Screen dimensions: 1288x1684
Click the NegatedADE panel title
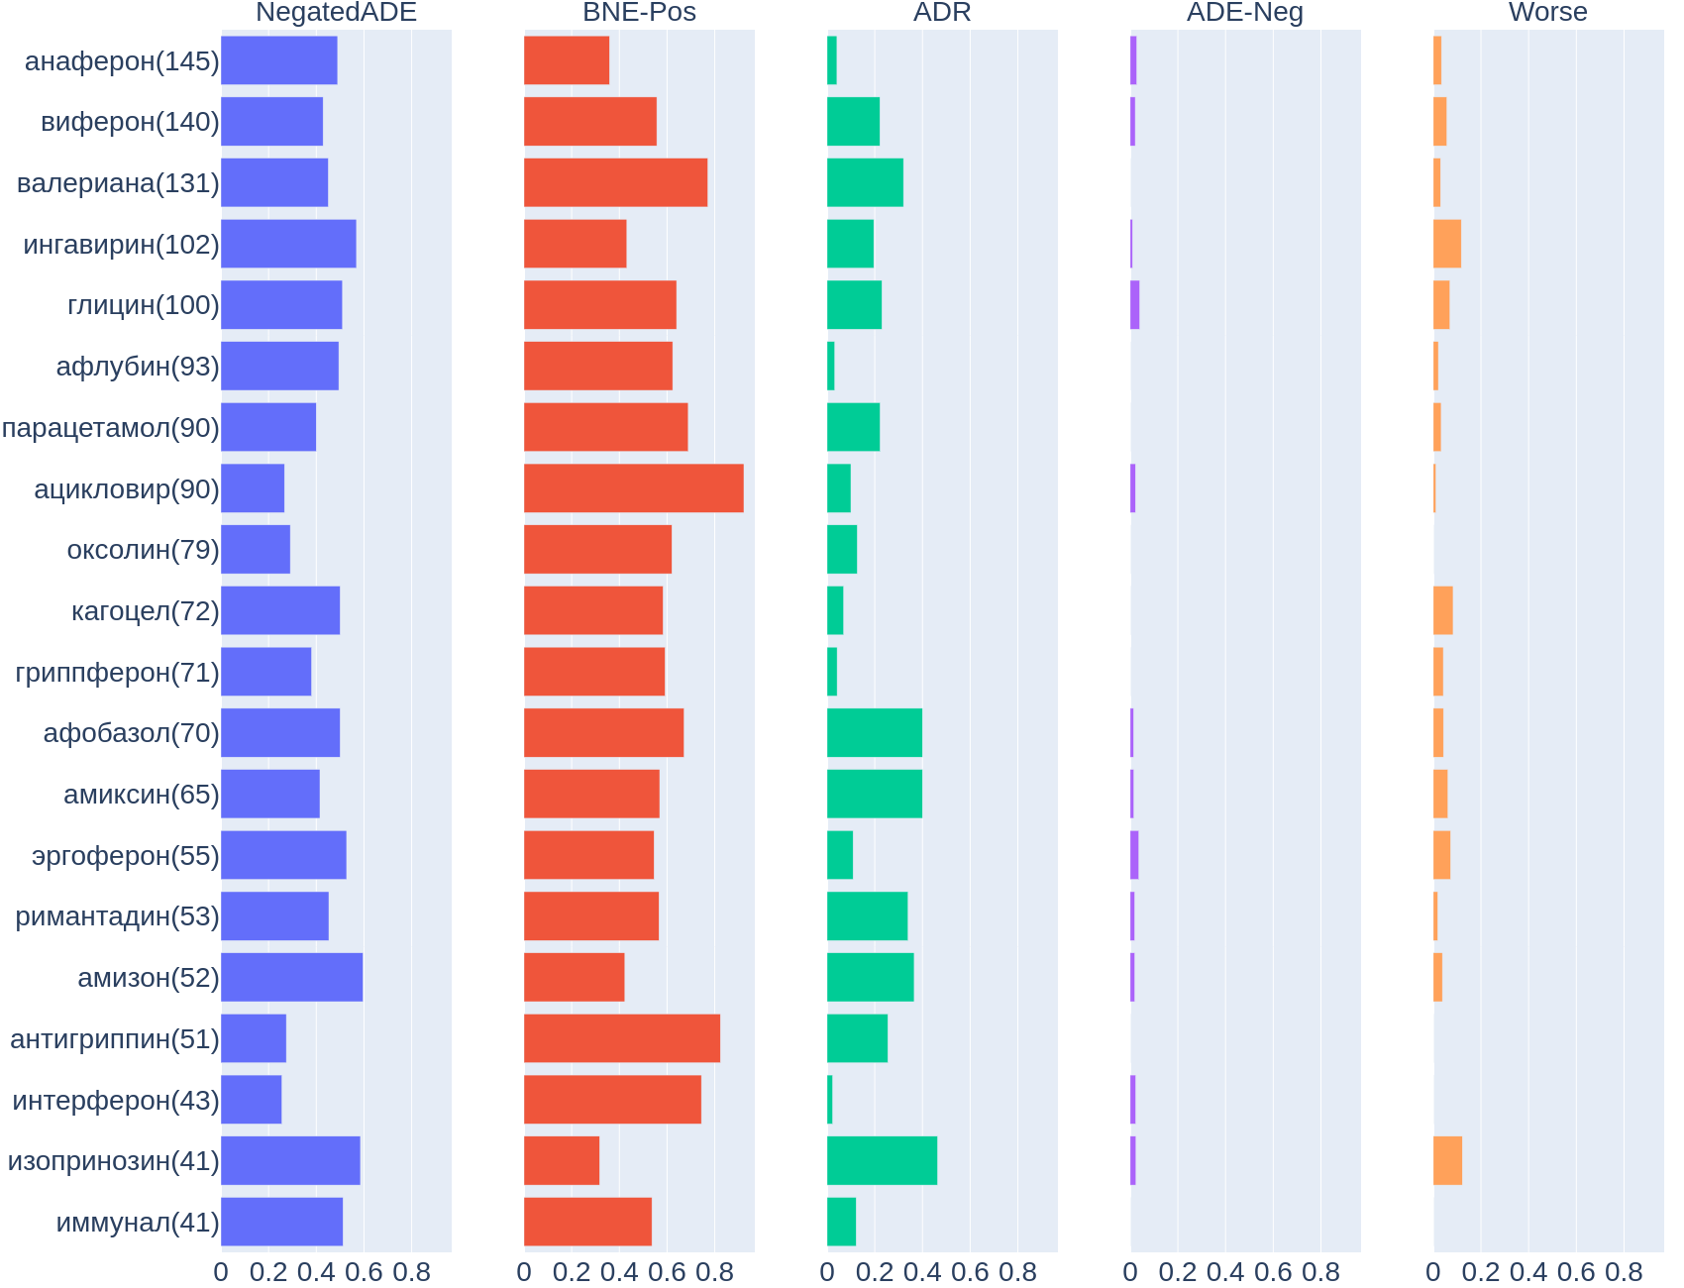[336, 13]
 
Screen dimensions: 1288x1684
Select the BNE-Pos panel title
[639, 13]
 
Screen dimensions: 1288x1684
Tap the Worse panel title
[1547, 13]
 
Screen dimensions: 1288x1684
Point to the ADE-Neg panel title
[1244, 13]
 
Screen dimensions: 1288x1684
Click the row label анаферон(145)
[122, 61]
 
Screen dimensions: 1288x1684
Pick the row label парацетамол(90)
[111, 428]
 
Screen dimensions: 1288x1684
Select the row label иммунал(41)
[138, 1223]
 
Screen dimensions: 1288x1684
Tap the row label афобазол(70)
[132, 733]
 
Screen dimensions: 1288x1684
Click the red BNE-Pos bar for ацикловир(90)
[633, 488]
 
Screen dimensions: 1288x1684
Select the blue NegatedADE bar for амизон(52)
[291, 978]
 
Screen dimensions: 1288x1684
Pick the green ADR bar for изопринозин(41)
[882, 1161]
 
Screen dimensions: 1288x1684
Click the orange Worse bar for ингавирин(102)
[1447, 244]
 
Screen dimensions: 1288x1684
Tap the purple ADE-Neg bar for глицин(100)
[1135, 305]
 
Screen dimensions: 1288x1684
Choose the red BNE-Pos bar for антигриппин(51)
[621, 1038]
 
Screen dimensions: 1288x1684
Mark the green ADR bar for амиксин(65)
[874, 794]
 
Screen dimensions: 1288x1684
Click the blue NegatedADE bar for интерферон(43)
[251, 1100]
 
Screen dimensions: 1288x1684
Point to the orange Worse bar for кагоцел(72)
[1443, 610]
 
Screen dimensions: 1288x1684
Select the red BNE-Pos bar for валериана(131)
[615, 182]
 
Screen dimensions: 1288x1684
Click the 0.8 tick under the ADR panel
[1017, 1272]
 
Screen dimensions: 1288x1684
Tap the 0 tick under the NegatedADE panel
[221, 1272]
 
